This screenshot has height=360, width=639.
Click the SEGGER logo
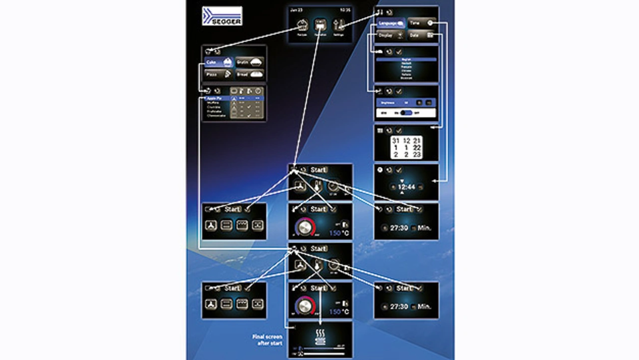(x=222, y=16)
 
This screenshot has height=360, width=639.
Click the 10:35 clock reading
(x=345, y=9)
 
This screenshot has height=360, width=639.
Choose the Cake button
(x=219, y=62)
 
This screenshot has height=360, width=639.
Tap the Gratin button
(x=249, y=62)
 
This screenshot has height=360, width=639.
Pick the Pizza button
(x=219, y=74)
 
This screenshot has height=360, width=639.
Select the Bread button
(x=249, y=74)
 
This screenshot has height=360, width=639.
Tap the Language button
(x=391, y=23)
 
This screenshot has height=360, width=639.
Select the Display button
(x=391, y=35)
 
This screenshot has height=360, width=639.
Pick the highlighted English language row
(x=406, y=59)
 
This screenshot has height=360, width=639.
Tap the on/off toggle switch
(x=406, y=113)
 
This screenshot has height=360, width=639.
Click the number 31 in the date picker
(x=396, y=141)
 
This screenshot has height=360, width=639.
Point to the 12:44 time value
(x=406, y=187)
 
